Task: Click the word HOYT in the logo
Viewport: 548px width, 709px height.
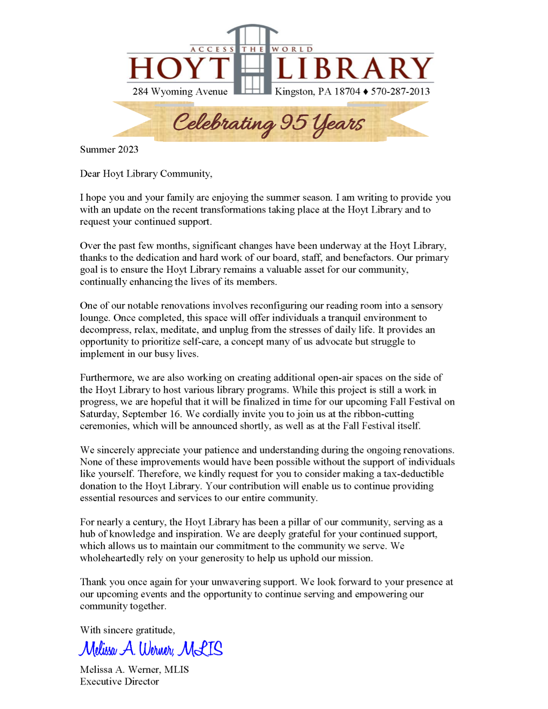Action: coord(179,68)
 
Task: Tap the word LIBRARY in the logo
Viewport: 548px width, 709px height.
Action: coord(354,68)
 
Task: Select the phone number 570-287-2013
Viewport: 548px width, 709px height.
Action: coord(400,92)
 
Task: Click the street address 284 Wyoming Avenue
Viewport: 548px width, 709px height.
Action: coord(180,92)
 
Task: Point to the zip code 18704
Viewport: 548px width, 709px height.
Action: coord(347,92)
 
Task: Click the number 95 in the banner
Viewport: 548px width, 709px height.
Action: coord(293,122)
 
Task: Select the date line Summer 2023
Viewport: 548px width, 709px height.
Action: coord(109,150)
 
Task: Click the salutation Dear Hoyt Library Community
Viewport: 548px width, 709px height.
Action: coord(146,174)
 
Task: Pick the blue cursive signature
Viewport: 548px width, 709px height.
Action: coord(151,649)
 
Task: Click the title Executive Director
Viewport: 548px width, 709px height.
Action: coord(119,681)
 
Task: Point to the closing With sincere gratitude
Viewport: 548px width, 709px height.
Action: coord(127,630)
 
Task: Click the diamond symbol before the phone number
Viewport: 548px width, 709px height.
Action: coord(366,92)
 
